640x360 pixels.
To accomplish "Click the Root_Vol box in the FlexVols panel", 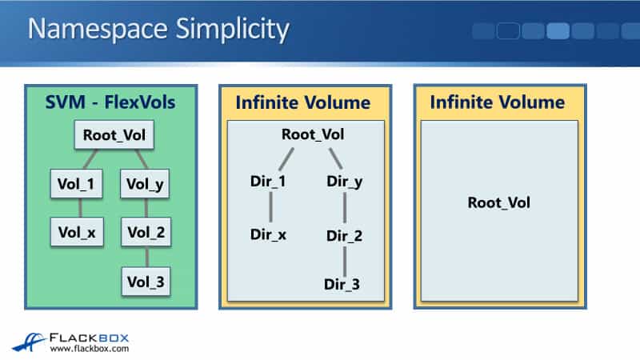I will pyautogui.click(x=114, y=135).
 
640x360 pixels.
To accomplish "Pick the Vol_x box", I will pyautogui.click(x=77, y=233).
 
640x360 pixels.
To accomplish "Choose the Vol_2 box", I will pyautogui.click(x=146, y=233).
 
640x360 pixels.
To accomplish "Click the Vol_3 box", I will pyautogui.click(x=146, y=281).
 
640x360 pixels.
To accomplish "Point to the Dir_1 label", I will pyautogui.click(x=269, y=181).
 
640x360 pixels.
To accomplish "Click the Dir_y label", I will pyautogui.click(x=345, y=181).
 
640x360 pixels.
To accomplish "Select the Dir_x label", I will pyautogui.click(x=269, y=235).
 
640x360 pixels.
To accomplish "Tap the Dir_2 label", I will pyautogui.click(x=345, y=236).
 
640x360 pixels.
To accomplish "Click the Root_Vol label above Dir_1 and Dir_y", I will pyautogui.click(x=313, y=134).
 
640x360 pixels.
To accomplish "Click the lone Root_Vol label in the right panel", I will pyautogui.click(x=499, y=202).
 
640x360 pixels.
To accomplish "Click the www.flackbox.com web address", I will pyautogui.click(x=89, y=349).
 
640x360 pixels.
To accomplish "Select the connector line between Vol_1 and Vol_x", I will pyautogui.click(x=78, y=209).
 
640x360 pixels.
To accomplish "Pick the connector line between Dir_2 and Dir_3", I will pyautogui.click(x=345, y=260).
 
